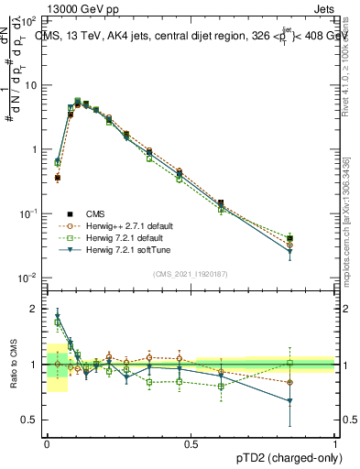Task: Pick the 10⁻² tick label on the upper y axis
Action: tap(31, 278)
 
